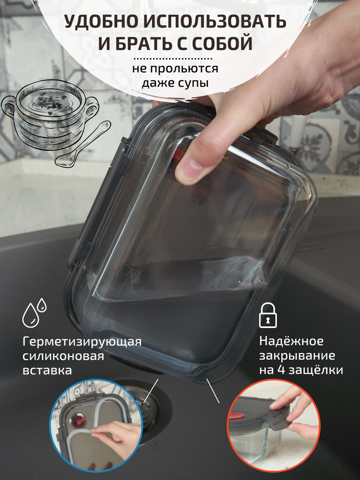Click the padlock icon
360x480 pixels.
268,315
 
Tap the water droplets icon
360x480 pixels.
34,313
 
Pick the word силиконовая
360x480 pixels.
63,356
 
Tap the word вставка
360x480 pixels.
47,371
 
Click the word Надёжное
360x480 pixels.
291,341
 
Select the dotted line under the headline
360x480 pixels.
173,59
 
